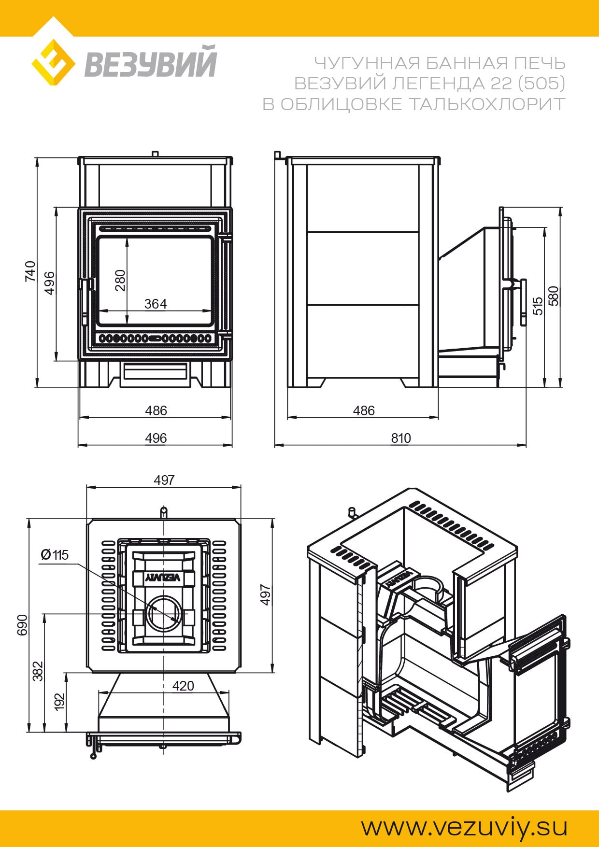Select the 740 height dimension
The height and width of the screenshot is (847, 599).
pyautogui.click(x=30, y=271)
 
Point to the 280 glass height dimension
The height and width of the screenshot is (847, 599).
pyautogui.click(x=120, y=280)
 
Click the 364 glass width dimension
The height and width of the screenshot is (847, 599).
pyautogui.click(x=156, y=304)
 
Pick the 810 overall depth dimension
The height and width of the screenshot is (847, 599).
pyautogui.click(x=400, y=438)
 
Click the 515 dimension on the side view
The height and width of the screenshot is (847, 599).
pyautogui.click(x=538, y=306)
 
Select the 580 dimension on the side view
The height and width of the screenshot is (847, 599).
pyautogui.click(x=554, y=296)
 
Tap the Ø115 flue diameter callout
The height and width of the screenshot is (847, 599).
pyautogui.click(x=55, y=555)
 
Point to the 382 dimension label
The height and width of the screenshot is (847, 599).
pyautogui.click(x=39, y=671)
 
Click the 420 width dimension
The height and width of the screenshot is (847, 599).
pyautogui.click(x=183, y=686)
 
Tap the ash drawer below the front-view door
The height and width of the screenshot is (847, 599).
pyautogui.click(x=155, y=371)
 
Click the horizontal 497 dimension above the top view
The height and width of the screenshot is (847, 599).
pyautogui.click(x=164, y=480)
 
